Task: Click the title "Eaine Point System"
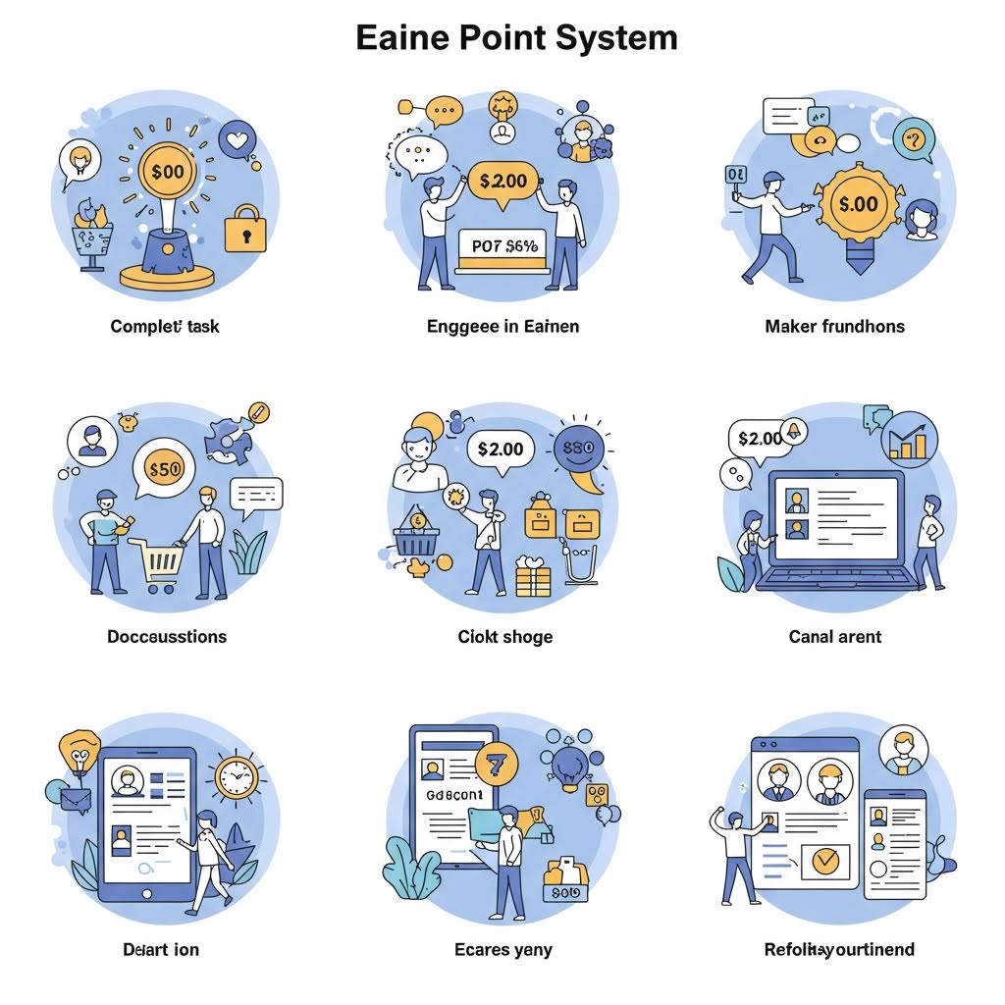(x=516, y=38)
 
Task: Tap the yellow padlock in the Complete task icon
(x=244, y=230)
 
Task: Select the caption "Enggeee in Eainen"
(x=502, y=326)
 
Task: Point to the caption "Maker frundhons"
(x=834, y=326)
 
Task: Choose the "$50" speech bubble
(x=163, y=468)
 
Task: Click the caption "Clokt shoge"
(x=504, y=637)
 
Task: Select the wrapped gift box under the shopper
(x=535, y=574)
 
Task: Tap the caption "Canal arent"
(x=834, y=637)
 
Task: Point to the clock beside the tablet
(x=236, y=777)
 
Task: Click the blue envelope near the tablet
(x=75, y=800)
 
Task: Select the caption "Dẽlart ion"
(x=161, y=950)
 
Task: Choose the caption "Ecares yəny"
(x=502, y=950)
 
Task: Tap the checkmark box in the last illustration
(x=825, y=861)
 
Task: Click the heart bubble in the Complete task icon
(x=238, y=139)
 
